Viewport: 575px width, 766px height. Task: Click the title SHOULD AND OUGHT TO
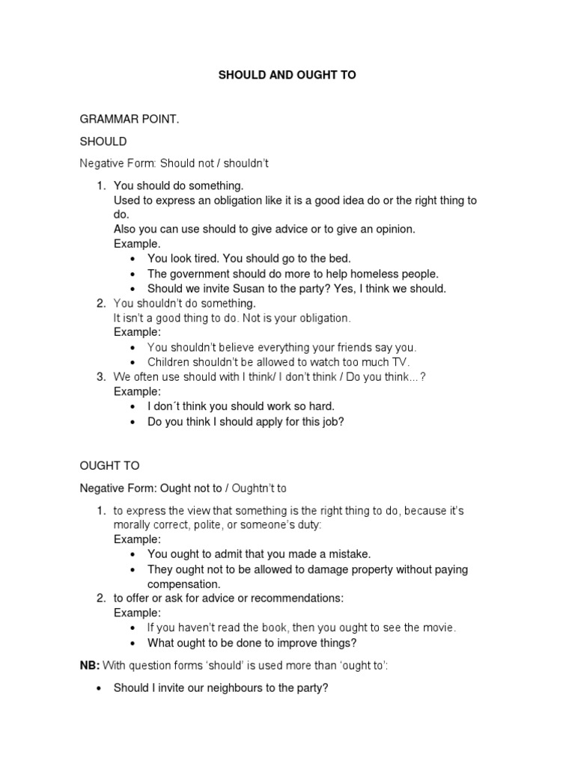pos(287,76)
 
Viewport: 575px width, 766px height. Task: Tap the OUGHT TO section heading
pos(109,465)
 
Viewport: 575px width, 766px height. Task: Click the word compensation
pos(183,583)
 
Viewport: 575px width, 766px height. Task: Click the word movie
pos(437,628)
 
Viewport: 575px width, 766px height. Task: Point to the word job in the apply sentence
pos(333,421)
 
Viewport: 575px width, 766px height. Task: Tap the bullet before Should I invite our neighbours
pos(99,688)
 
